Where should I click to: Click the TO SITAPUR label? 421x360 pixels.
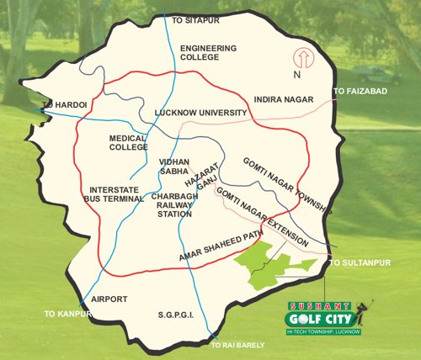click(x=195, y=19)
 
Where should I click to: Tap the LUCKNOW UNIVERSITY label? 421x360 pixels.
click(x=200, y=112)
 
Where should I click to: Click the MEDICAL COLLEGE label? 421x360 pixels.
click(x=128, y=142)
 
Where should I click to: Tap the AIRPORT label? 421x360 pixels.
click(x=109, y=299)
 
